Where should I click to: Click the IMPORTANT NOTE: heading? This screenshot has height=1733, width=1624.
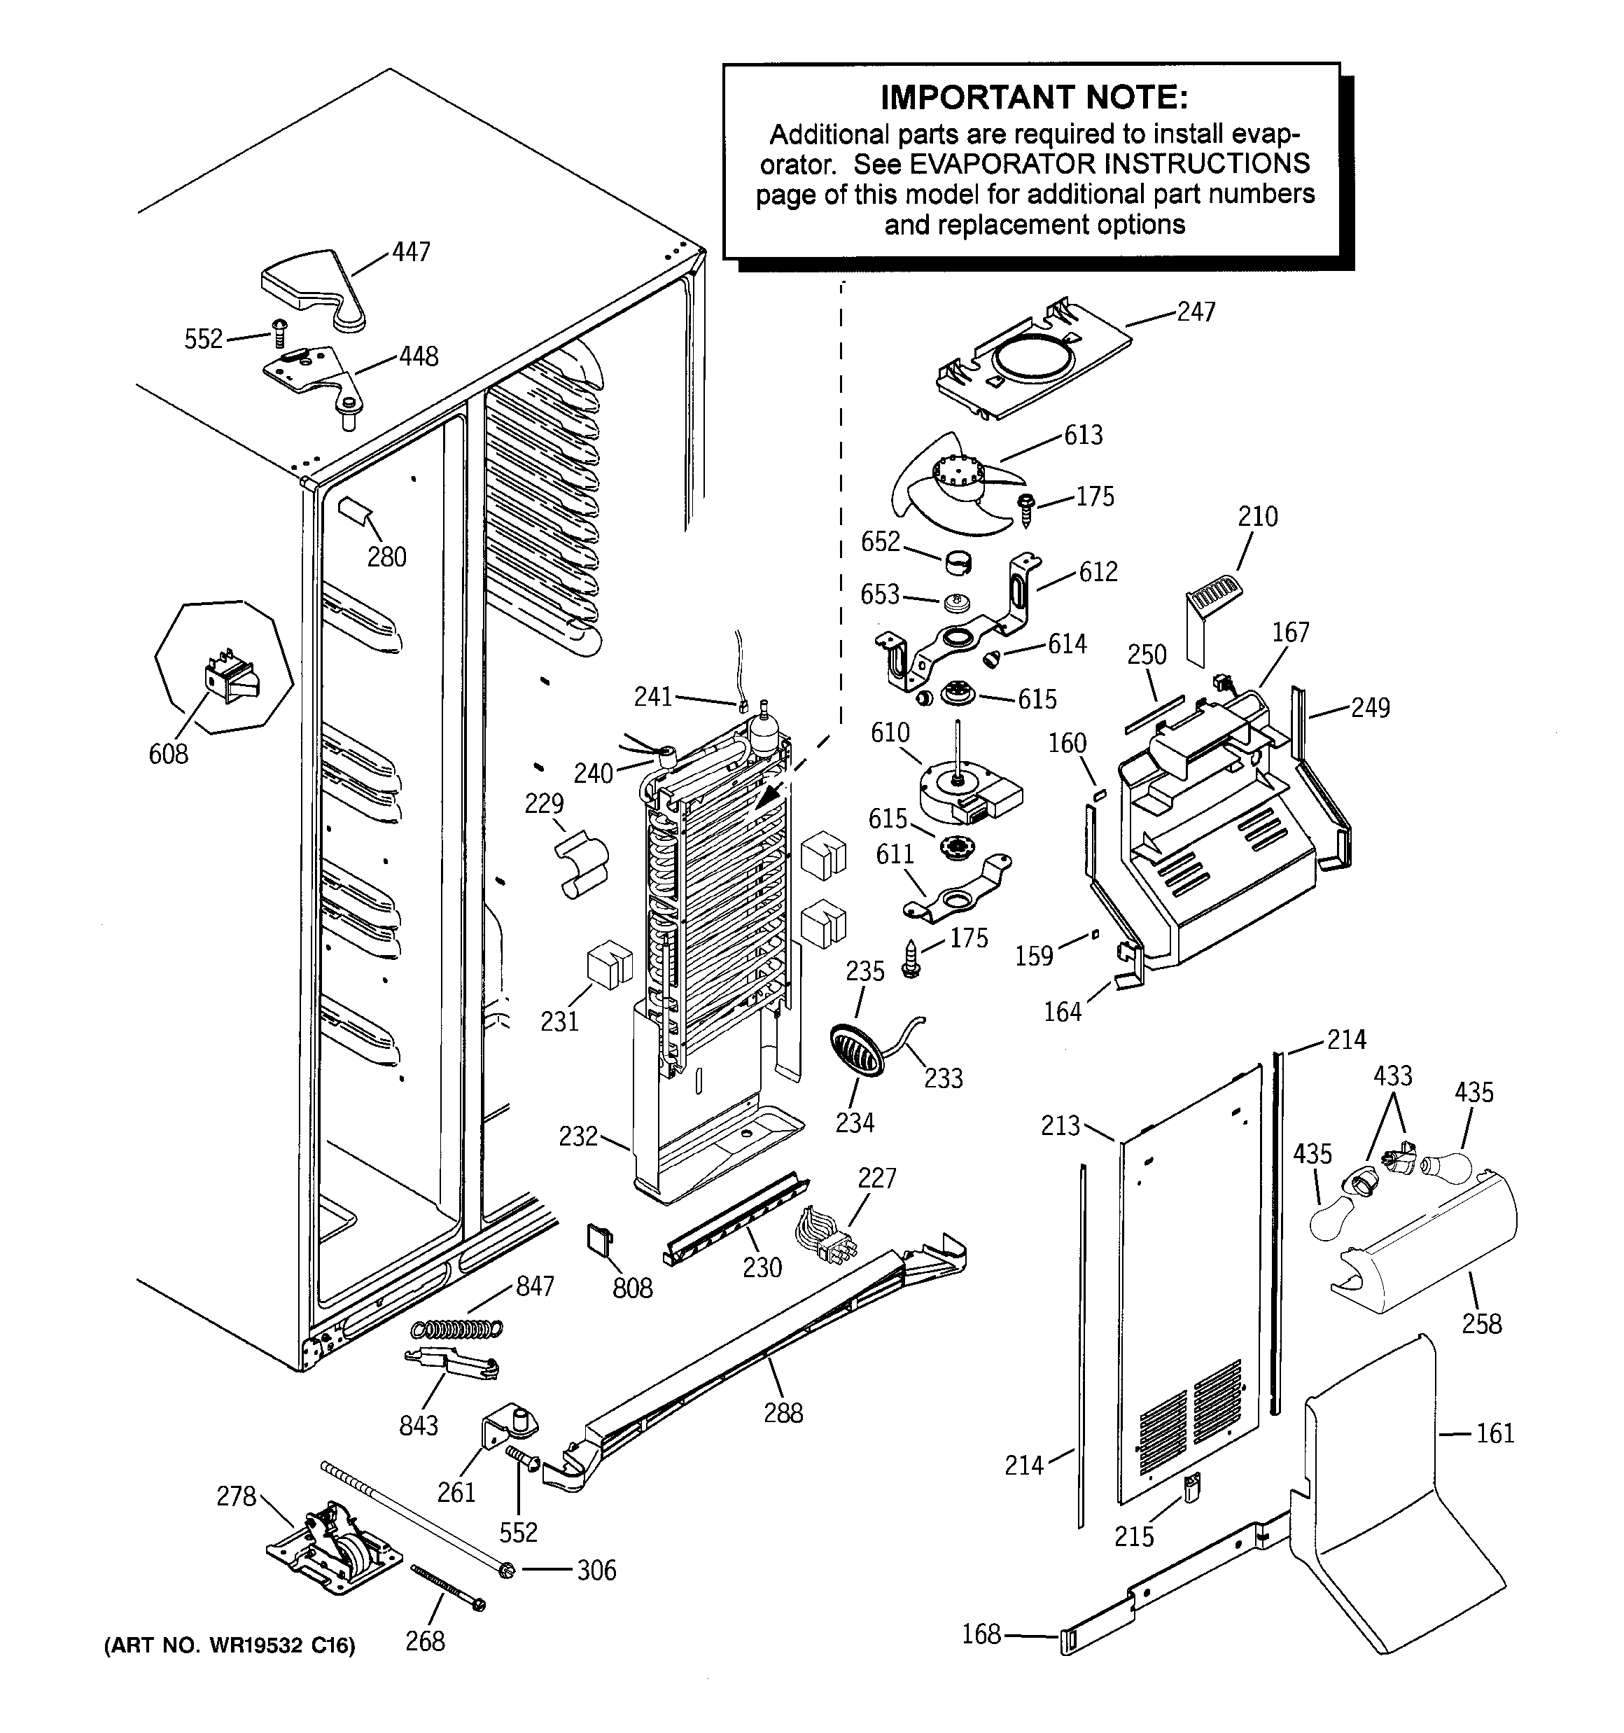[x=1033, y=97]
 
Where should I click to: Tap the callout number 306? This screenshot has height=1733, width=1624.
[x=596, y=1570]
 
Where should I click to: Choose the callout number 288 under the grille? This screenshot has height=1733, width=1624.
[x=783, y=1413]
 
